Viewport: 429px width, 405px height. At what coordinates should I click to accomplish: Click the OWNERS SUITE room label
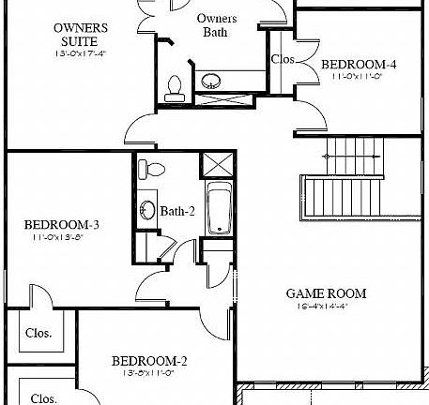click(80, 36)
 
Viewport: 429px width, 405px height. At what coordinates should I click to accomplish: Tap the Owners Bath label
click(216, 24)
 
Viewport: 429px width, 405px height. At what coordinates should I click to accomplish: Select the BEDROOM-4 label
click(359, 65)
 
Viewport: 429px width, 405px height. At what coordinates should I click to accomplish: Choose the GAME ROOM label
click(326, 293)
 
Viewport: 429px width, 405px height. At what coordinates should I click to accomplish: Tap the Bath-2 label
click(177, 211)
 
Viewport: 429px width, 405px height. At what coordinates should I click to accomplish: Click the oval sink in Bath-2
click(146, 209)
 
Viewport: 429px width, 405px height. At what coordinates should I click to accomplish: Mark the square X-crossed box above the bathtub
click(216, 165)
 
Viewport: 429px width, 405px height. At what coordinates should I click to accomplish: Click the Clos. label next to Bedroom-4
click(283, 58)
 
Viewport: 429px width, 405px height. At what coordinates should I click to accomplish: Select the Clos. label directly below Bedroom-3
click(38, 333)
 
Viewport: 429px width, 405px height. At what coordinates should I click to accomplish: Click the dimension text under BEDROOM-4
click(359, 78)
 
